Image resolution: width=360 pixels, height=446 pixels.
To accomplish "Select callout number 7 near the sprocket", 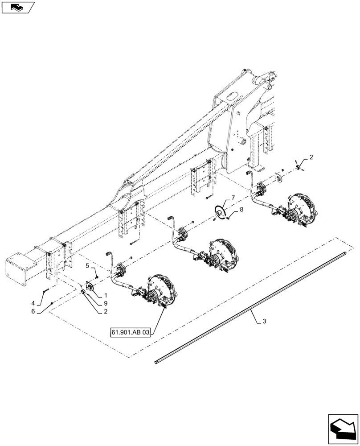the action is pyautogui.click(x=233, y=197).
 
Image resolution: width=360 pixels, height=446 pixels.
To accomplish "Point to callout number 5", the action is pyautogui.click(x=88, y=266).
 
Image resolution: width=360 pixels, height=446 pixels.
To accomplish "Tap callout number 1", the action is pyautogui.click(x=106, y=295).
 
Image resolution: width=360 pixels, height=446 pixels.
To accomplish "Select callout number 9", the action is pyautogui.click(x=106, y=303).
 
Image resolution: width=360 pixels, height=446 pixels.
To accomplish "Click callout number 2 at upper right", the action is pyautogui.click(x=311, y=157).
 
